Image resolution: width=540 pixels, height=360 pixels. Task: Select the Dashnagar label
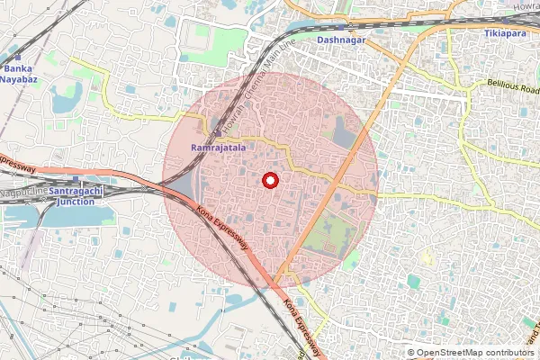tap(340, 40)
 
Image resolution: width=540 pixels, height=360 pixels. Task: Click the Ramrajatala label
tap(214, 146)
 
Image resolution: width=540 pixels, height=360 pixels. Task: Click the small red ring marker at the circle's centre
tap(269, 180)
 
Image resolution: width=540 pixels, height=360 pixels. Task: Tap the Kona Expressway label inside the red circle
tap(222, 229)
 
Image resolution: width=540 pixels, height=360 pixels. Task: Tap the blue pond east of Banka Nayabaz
tap(65, 100)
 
